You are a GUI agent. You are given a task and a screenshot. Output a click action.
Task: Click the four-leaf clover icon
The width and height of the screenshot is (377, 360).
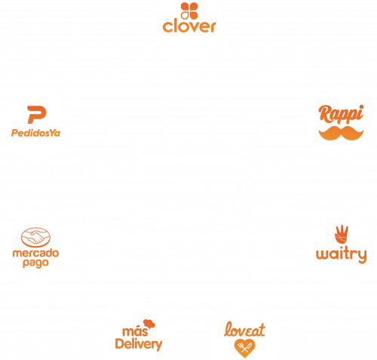coord(189,11)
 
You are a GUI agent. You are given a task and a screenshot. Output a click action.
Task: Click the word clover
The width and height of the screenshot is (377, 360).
coord(189,26)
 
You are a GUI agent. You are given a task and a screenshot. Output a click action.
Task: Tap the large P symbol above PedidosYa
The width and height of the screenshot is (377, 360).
coord(37,115)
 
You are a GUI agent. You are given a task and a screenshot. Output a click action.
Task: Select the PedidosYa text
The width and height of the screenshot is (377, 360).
coord(35,133)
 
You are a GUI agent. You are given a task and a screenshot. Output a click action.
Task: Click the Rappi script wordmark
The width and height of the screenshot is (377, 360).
coord(341,115)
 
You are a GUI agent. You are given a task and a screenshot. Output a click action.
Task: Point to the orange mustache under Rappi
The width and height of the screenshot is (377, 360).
coord(341,133)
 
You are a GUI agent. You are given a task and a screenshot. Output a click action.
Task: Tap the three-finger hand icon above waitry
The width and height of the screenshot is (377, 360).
coord(342,234)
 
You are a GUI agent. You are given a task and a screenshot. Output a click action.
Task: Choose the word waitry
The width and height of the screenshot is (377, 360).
coord(342,255)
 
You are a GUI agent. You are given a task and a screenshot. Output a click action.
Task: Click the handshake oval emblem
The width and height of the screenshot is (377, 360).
coord(35,237)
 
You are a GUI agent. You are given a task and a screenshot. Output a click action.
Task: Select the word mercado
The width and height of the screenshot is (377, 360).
coord(35,253)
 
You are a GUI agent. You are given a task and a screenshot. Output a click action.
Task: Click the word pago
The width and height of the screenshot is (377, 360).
coord(35,263)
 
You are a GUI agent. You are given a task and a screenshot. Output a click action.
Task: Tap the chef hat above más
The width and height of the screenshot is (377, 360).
coord(149,324)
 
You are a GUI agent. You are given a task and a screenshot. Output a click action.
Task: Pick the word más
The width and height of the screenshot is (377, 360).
coord(135,331)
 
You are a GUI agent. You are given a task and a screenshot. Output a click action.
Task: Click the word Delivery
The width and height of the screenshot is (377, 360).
coord(139,344)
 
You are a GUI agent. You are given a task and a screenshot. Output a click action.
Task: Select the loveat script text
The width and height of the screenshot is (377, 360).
coord(244,329)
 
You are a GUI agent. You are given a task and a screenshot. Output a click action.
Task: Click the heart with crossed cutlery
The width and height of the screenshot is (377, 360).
coord(244,348)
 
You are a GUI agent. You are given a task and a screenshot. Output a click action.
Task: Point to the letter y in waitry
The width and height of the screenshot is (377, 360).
coord(362,256)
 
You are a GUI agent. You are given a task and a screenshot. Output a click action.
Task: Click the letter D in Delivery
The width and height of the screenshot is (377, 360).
coord(120,343)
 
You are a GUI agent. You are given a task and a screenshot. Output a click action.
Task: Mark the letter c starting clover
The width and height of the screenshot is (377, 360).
coord(167,27)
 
